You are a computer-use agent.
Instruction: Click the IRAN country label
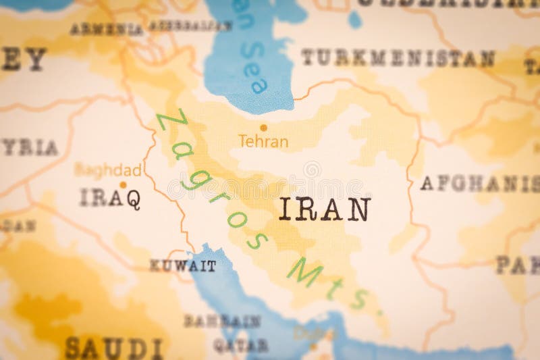pyautogui.click(x=325, y=209)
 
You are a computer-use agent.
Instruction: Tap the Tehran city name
pyautogui.click(x=263, y=142)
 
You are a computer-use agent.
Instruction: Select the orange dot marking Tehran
pyautogui.click(x=263, y=127)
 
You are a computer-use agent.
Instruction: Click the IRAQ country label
pyautogui.click(x=110, y=198)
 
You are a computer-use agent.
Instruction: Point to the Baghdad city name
pyautogui.click(x=108, y=170)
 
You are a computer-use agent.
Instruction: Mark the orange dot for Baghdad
pyautogui.click(x=123, y=184)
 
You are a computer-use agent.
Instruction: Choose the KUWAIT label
pyautogui.click(x=183, y=266)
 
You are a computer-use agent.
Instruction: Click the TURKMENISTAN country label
pyautogui.click(x=398, y=58)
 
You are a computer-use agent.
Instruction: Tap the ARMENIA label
pyautogui.click(x=107, y=29)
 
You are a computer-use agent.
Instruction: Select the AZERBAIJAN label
pyautogui.click(x=190, y=26)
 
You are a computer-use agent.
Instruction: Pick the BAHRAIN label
pyautogui.click(x=222, y=322)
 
